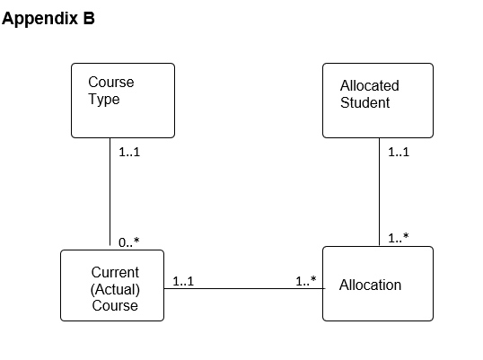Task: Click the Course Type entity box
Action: (x=123, y=101)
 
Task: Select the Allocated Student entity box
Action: (x=377, y=101)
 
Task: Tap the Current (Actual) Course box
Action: (x=112, y=285)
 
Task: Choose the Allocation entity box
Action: (x=377, y=284)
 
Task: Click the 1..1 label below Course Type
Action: (x=129, y=152)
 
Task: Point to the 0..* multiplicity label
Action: (x=129, y=241)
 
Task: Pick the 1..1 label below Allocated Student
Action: (x=399, y=152)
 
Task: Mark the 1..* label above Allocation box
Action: (x=399, y=238)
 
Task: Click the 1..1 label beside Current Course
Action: (x=183, y=281)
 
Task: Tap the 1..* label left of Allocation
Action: (x=306, y=281)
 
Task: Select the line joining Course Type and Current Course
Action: (x=110, y=193)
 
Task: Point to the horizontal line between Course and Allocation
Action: (x=242, y=289)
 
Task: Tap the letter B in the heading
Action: (x=89, y=19)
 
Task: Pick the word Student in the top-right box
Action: (x=364, y=102)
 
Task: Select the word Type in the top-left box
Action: (x=103, y=99)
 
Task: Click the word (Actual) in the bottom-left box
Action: (x=114, y=288)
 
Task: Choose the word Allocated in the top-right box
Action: (x=369, y=86)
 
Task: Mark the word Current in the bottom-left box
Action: (x=115, y=272)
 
